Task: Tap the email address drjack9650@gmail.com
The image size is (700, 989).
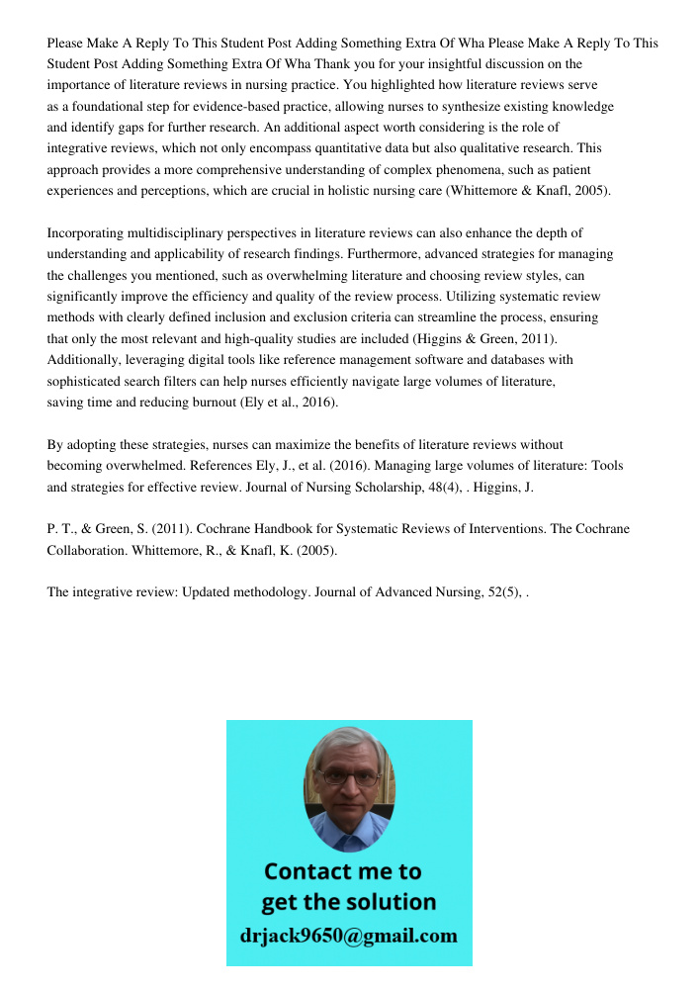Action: [x=348, y=936]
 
